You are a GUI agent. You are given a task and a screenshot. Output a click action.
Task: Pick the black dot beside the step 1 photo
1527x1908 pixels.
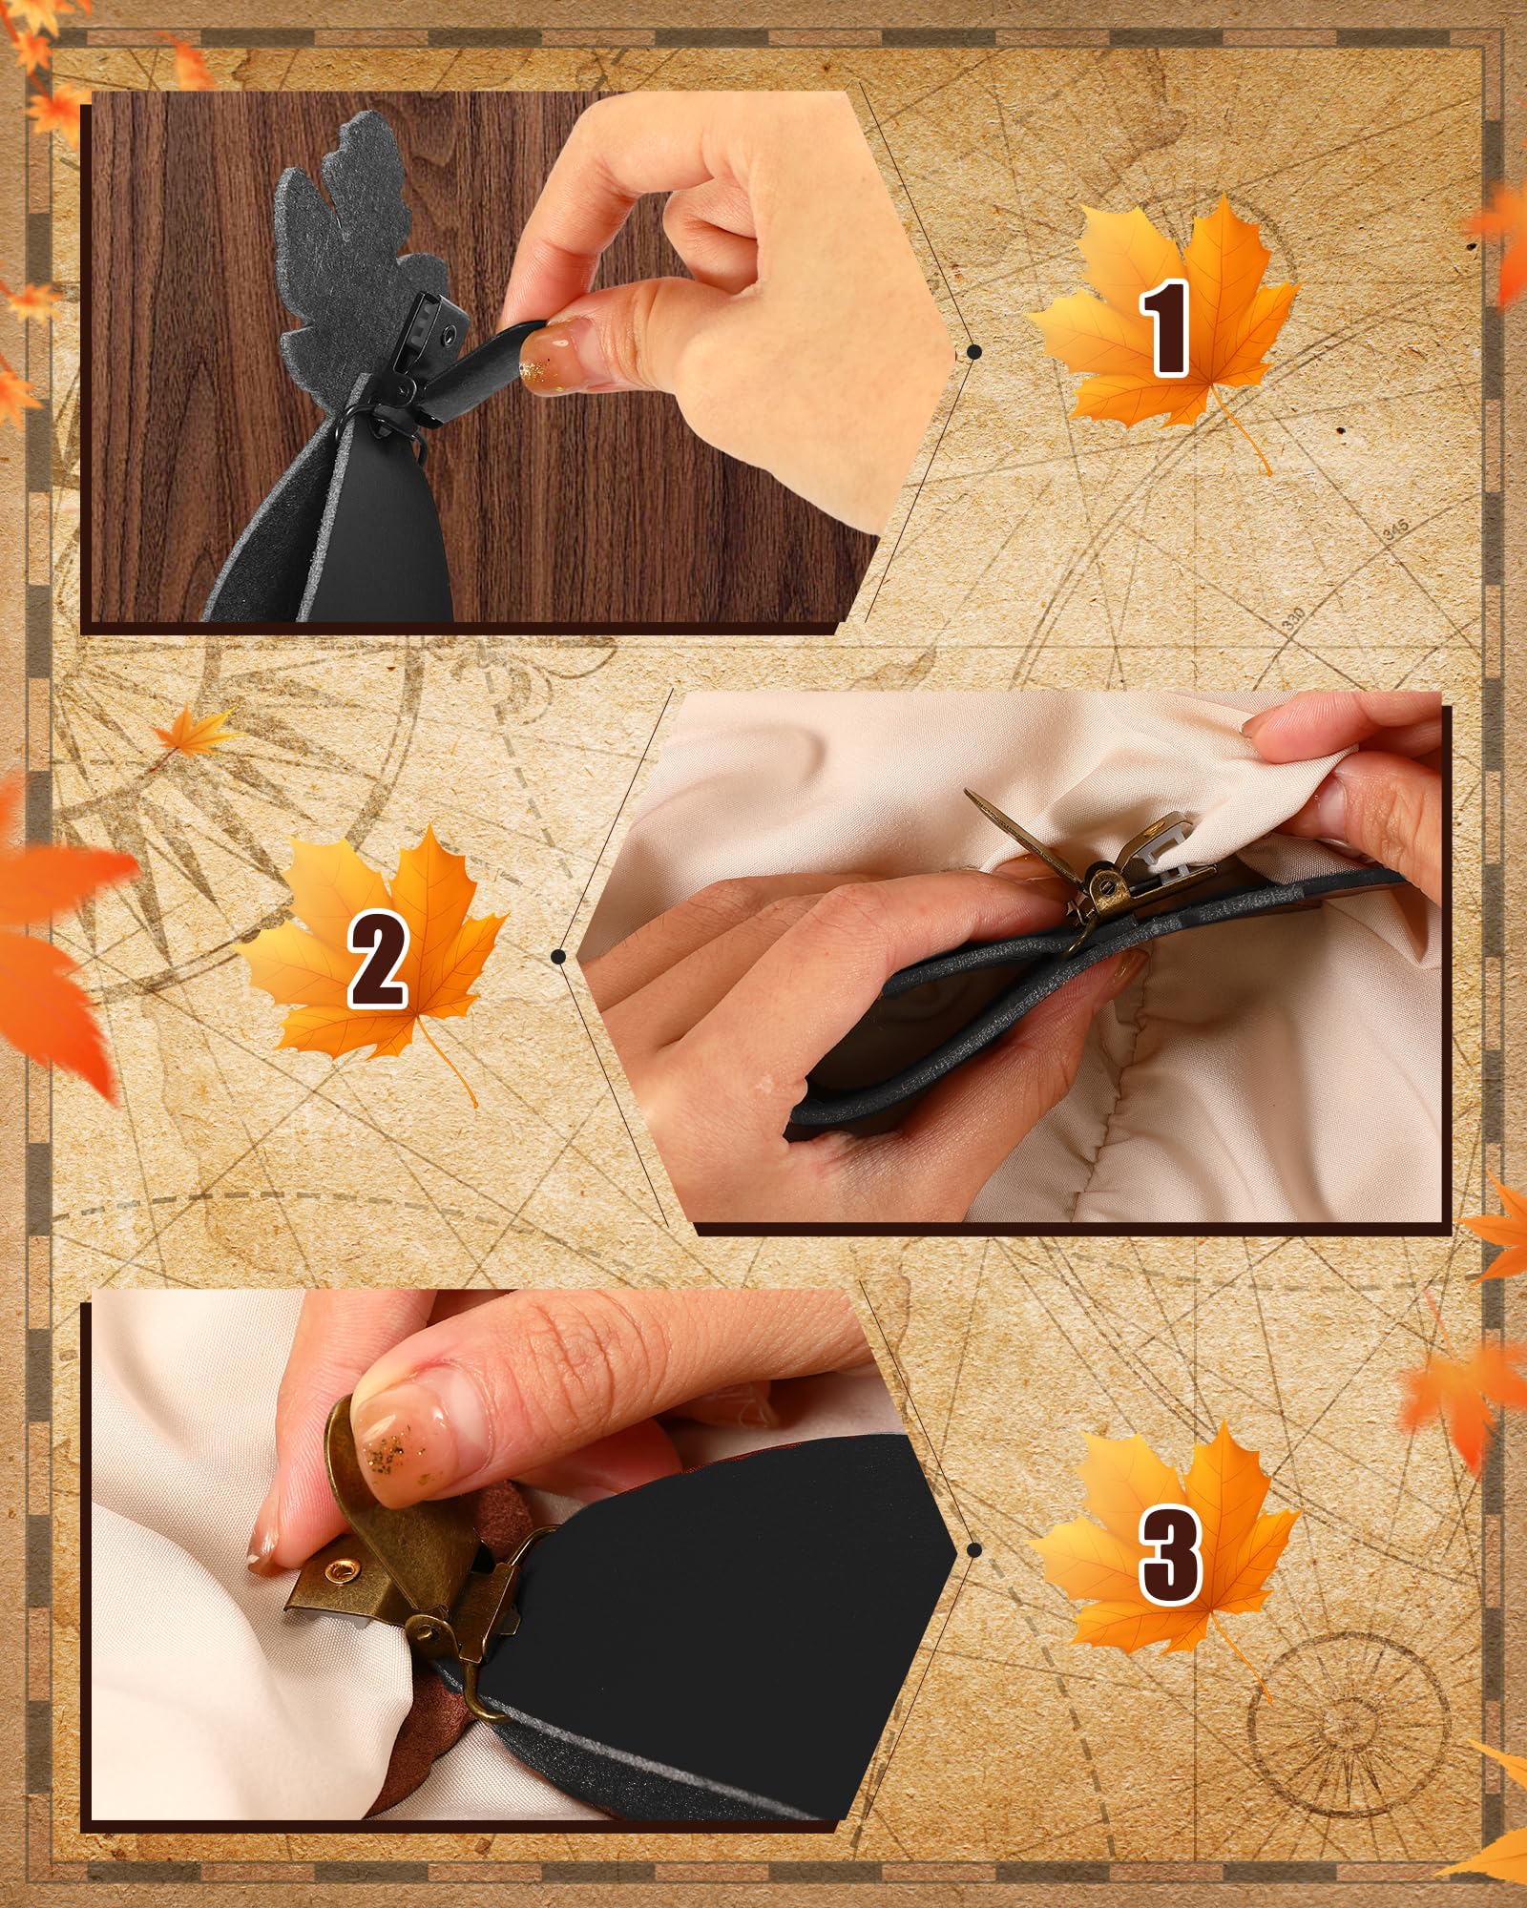[973, 352]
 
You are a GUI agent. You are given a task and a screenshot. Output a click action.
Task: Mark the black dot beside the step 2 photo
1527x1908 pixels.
[559, 956]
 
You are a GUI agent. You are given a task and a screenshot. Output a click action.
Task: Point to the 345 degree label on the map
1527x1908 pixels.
[1396, 531]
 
